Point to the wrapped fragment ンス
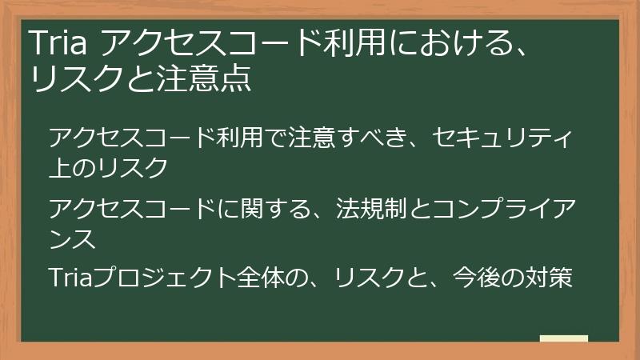(x=73, y=238)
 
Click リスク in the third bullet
(x=375, y=278)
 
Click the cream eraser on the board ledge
(x=563, y=338)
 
